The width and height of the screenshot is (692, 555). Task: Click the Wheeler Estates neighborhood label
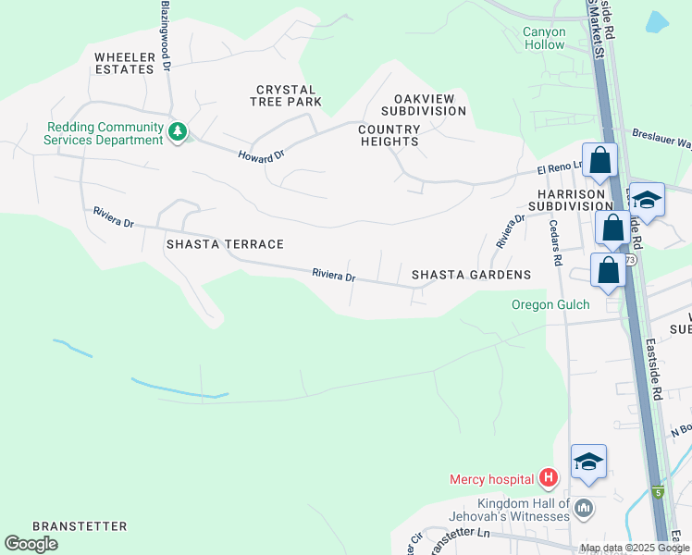coord(123,63)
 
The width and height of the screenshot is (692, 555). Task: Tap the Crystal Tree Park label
coord(289,95)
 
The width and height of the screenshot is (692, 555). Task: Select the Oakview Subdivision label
coord(429,105)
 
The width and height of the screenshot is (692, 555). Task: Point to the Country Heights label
coord(389,135)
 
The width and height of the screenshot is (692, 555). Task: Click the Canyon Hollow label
coord(544,38)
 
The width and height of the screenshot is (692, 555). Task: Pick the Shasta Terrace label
coord(224,244)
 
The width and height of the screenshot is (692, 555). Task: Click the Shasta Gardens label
coord(471,275)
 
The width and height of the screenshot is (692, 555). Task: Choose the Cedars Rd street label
coord(555,243)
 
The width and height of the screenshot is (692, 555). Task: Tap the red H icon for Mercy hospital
coord(549,478)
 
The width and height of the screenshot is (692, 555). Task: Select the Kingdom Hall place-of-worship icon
coord(584,508)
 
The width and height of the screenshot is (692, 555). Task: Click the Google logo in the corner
coord(31,544)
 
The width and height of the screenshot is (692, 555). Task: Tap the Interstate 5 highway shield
coord(658,492)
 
